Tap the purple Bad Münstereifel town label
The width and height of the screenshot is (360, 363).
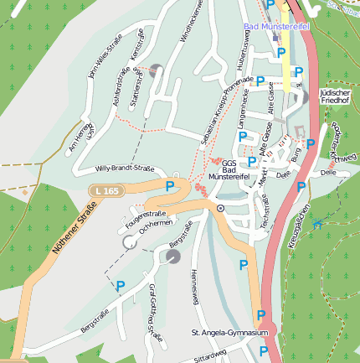click(276, 27)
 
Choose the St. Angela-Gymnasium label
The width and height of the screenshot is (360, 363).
click(229, 333)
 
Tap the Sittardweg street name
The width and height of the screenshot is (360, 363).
click(209, 355)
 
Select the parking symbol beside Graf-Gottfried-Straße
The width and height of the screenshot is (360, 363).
click(121, 288)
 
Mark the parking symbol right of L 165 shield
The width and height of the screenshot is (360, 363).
click(170, 185)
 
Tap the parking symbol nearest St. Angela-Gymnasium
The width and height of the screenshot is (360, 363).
click(261, 315)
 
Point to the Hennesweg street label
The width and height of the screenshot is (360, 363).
click(193, 286)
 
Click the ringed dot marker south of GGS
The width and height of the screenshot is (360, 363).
click(220, 207)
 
